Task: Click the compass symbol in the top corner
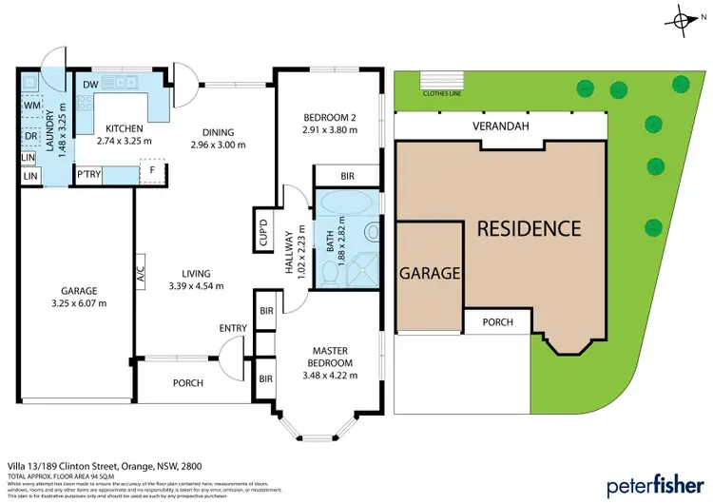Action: click(x=684, y=20)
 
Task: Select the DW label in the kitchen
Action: click(x=91, y=85)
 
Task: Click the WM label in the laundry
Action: click(x=30, y=105)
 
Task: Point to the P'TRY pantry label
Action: click(x=89, y=173)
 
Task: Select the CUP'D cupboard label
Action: click(x=263, y=235)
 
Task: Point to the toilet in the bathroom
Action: click(x=328, y=272)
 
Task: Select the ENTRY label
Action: click(x=233, y=329)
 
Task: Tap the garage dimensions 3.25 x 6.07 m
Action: click(x=78, y=303)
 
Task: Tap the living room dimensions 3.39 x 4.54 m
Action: click(x=195, y=285)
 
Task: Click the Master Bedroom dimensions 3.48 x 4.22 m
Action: click(x=327, y=376)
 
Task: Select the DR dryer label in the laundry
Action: click(x=30, y=135)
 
